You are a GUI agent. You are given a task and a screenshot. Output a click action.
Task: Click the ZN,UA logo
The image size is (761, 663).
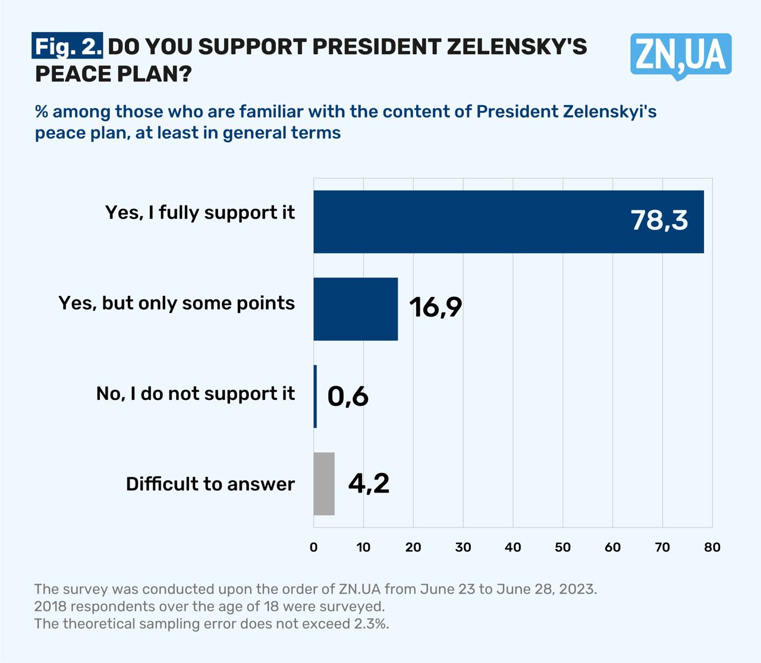pyautogui.click(x=681, y=55)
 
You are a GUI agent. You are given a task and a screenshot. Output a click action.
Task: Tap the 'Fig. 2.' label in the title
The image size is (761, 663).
pyautogui.click(x=68, y=46)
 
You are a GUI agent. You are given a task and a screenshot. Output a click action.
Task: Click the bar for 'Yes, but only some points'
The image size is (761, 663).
pyautogui.click(x=356, y=309)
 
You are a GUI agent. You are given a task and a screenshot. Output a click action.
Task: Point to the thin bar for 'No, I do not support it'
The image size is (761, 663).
pyautogui.click(x=315, y=396)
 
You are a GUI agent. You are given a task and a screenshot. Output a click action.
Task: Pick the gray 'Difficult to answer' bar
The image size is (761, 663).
pyautogui.click(x=324, y=484)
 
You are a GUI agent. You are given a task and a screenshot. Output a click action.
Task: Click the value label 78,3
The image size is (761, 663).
pyautogui.click(x=659, y=220)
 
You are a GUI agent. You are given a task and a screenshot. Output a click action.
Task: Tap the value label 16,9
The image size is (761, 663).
pyautogui.click(x=435, y=307)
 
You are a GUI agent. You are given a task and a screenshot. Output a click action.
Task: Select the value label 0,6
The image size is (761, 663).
pyautogui.click(x=348, y=396)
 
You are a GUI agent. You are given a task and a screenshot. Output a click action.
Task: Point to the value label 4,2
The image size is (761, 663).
pyautogui.click(x=369, y=484)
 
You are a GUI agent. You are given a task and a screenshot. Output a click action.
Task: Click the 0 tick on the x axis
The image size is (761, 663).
pyautogui.click(x=314, y=547)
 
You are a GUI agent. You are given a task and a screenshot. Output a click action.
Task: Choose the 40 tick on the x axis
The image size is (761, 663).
pyautogui.click(x=513, y=547)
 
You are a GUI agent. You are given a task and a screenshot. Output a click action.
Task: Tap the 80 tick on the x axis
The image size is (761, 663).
pyautogui.click(x=712, y=547)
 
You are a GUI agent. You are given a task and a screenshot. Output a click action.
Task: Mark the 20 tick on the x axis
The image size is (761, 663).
pyautogui.click(x=413, y=547)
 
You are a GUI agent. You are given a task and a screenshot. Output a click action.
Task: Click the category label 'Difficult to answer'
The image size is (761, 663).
pyautogui.click(x=210, y=484)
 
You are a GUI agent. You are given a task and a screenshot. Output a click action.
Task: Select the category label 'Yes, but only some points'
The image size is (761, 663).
pyautogui.click(x=177, y=303)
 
